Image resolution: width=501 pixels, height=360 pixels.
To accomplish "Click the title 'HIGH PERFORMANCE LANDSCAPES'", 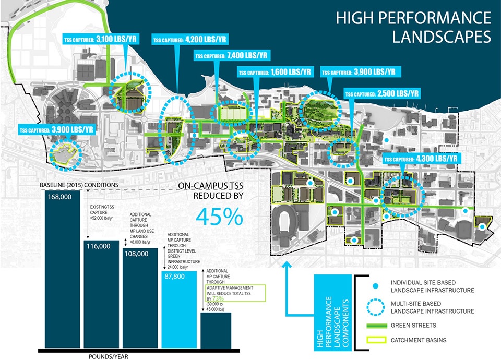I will (413, 27).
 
